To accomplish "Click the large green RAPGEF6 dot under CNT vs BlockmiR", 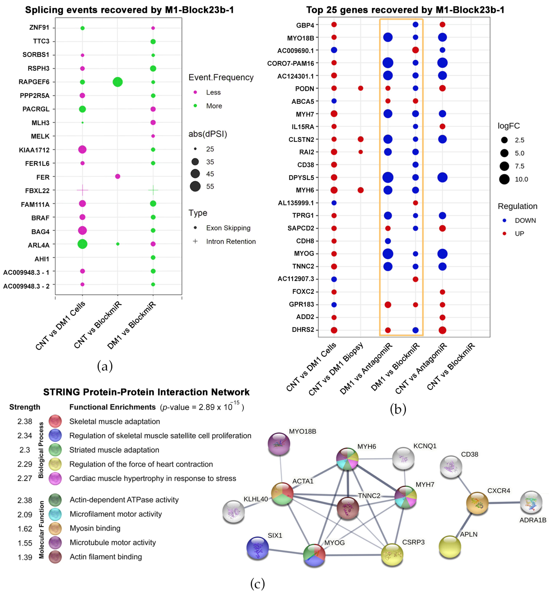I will point(118,82).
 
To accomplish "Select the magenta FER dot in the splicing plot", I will point(118,176).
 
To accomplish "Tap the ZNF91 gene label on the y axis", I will point(39,28).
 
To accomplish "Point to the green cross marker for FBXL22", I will point(153,190).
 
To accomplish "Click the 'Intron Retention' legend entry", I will point(231,241).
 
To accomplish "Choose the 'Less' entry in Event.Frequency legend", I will point(213,92).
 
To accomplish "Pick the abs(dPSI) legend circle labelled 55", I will point(195,187).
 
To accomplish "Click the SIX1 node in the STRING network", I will point(258,548).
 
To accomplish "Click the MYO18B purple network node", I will point(279,444).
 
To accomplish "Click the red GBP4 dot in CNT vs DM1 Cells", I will point(334,25).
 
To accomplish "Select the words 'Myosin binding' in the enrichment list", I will point(95,528).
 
